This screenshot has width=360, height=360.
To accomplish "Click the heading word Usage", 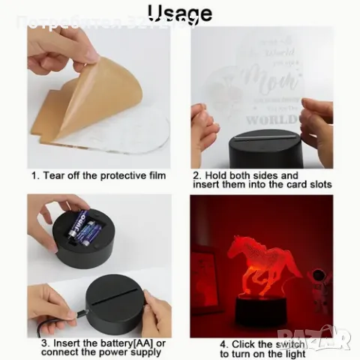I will (x=180, y=13).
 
